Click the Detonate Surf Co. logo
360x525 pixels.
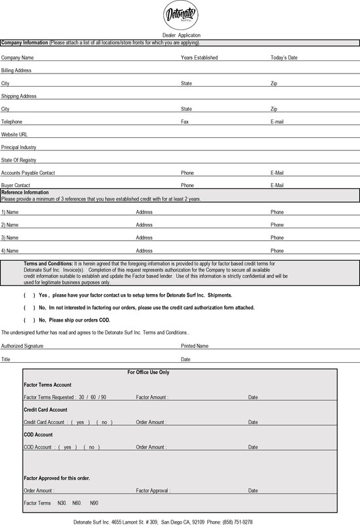coord(180,15)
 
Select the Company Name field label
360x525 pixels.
coord(18,58)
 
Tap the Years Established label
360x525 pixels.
coord(199,58)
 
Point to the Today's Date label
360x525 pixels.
coord(284,58)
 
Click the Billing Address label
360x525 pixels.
coord(16,70)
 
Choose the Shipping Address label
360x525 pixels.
coord(18,96)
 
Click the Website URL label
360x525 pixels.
coord(14,135)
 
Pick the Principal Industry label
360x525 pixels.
coord(18,148)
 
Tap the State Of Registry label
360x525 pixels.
coord(18,160)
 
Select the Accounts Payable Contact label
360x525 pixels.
coord(28,173)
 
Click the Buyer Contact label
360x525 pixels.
coord(16,186)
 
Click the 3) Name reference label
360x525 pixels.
coord(10,238)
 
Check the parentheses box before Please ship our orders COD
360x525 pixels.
coord(30,320)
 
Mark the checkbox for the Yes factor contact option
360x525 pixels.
coord(30,295)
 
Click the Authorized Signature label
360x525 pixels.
coord(21,346)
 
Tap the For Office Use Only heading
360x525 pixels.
coord(148,372)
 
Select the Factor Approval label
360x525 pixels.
coord(151,490)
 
